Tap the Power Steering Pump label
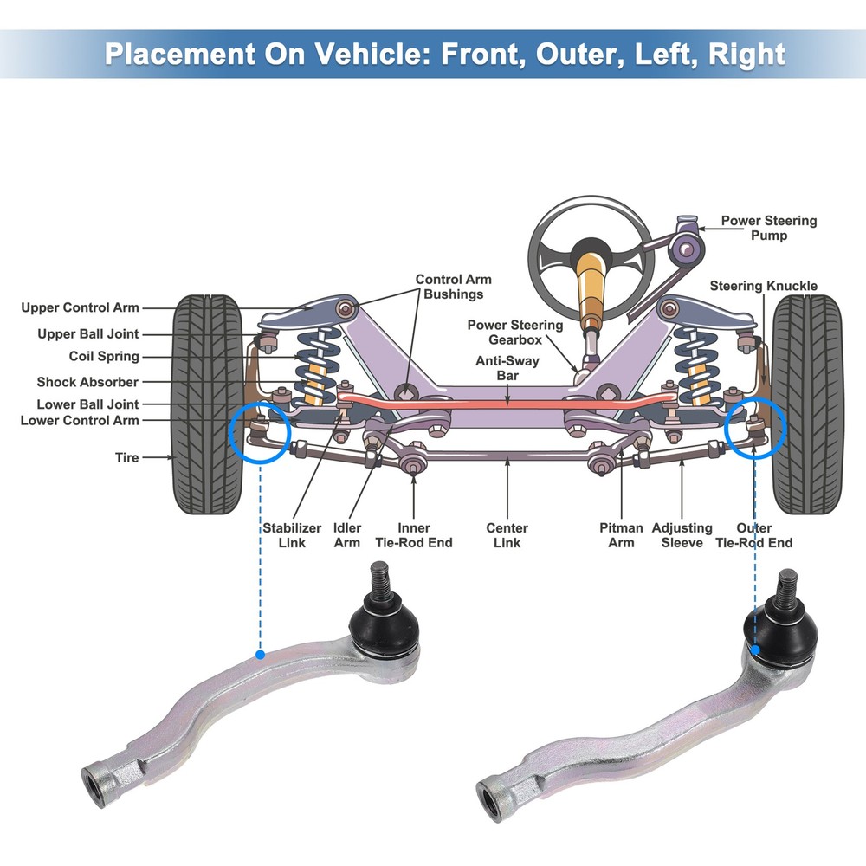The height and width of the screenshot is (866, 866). [x=768, y=228]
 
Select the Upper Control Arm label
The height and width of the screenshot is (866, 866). [x=80, y=307]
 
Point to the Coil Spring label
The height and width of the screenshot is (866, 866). [x=103, y=357]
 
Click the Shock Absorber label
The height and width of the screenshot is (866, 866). [x=87, y=382]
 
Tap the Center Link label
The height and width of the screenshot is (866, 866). [x=507, y=534]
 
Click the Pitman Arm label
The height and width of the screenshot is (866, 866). [x=621, y=534]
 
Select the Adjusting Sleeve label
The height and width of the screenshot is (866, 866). [x=682, y=534]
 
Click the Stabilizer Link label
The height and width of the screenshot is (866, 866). [x=293, y=534]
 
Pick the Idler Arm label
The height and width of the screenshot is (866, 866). [x=347, y=534]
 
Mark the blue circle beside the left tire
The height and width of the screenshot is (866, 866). [x=261, y=432]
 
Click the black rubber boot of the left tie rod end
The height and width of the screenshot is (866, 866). [x=384, y=627]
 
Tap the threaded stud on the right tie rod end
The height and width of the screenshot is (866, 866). [x=787, y=589]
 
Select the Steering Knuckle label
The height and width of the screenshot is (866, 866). [x=763, y=286]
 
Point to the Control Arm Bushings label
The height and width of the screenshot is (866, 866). [x=453, y=287]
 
